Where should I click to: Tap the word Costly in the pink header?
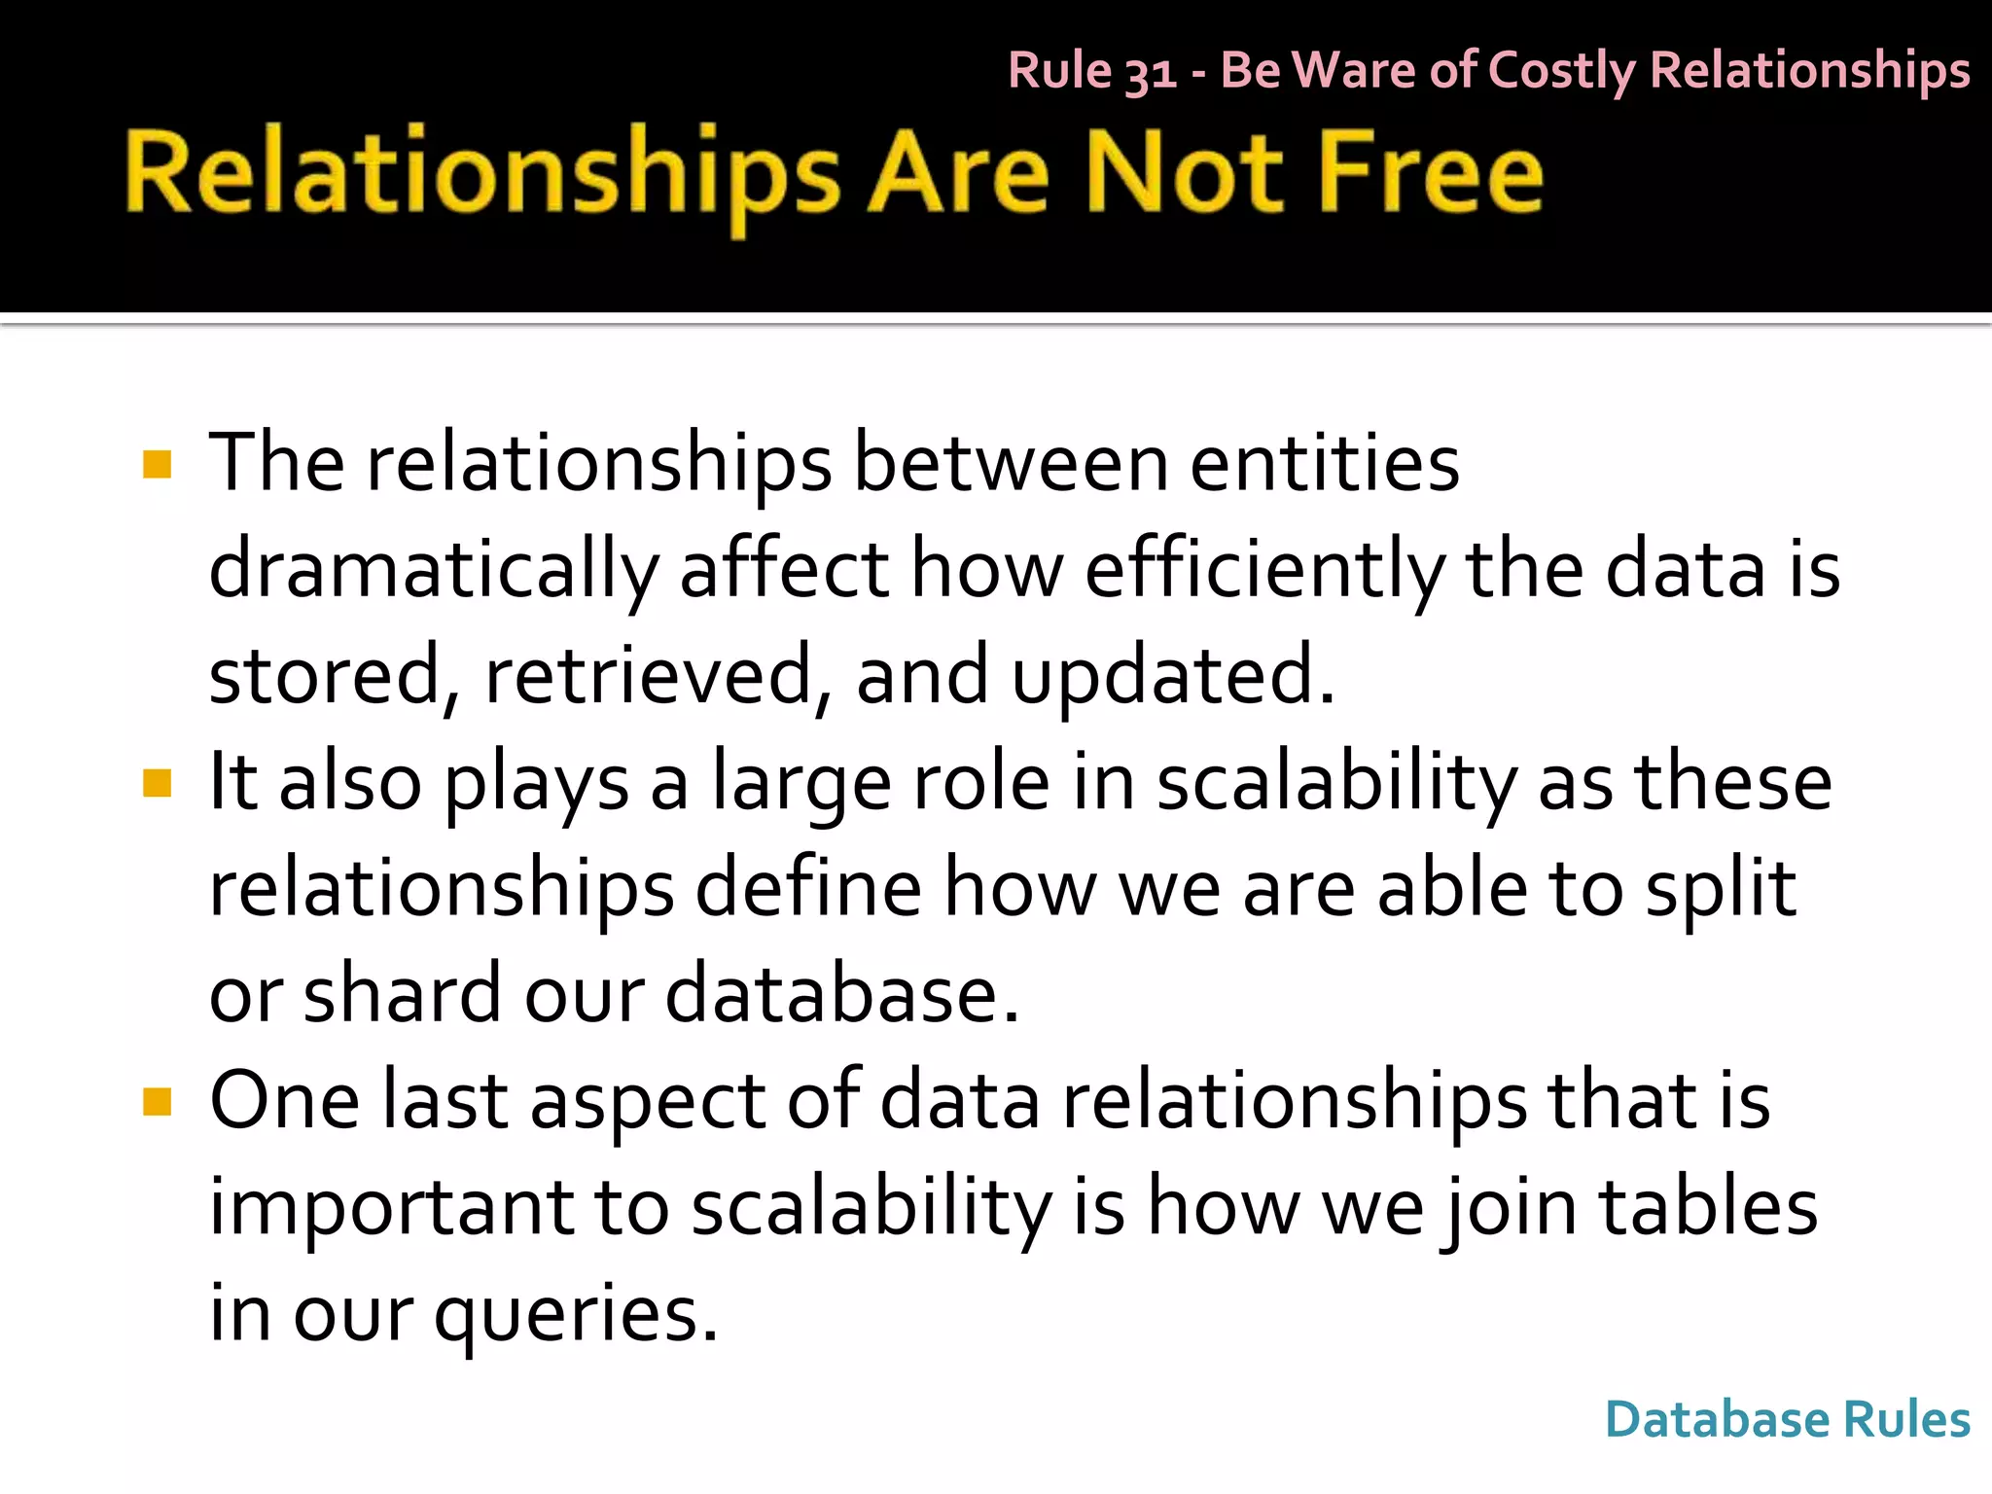click(1561, 71)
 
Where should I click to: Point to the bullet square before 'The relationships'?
click(157, 464)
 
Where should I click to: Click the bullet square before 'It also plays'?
click(157, 783)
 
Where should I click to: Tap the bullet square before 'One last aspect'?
click(157, 1102)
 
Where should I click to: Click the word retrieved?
click(648, 676)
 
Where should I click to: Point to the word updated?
click(1173, 676)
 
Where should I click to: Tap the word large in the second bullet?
click(801, 783)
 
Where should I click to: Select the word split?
click(1720, 889)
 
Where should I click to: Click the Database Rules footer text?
click(1787, 1419)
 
